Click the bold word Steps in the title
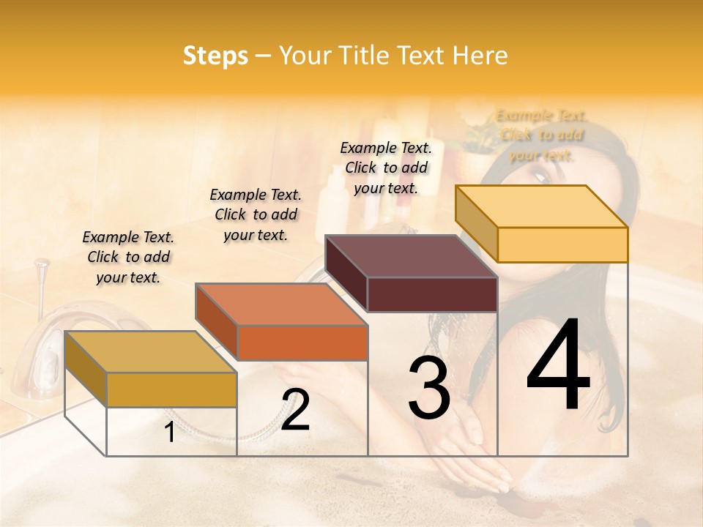click(215, 56)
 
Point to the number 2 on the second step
click(295, 410)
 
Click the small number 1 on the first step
click(169, 433)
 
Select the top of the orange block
click(281, 304)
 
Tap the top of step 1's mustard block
click(150, 352)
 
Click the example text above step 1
click(128, 257)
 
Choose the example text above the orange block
click(256, 214)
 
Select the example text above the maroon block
click(386, 168)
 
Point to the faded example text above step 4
click(541, 135)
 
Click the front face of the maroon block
click(432, 295)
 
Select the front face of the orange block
click(302, 343)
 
